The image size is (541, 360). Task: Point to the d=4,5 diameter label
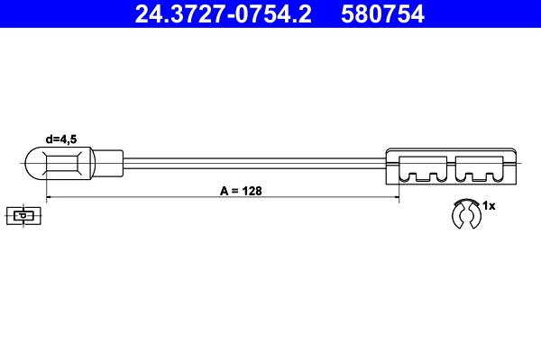point(63,138)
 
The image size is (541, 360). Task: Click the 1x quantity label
point(489,206)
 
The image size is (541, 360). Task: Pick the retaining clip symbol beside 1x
point(466,214)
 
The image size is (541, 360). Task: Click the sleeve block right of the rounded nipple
point(106,164)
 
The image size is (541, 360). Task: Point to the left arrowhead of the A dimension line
point(50,198)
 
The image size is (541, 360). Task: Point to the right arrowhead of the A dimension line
point(394,198)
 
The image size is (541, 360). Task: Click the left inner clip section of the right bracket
point(423,167)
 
